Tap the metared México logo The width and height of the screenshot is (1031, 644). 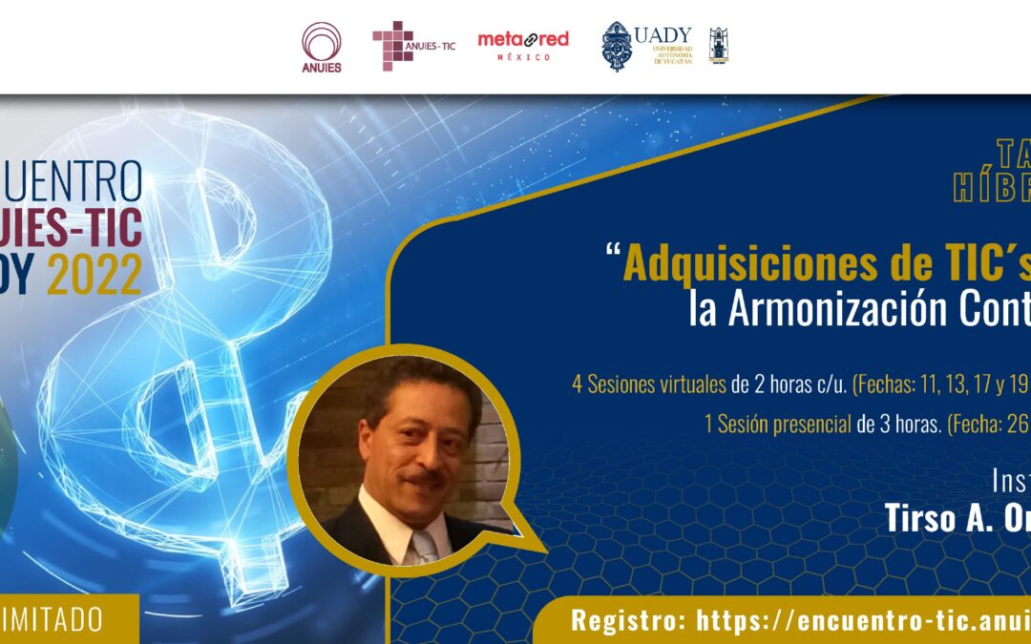click(x=522, y=44)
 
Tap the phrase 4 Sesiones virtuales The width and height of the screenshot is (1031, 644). click(x=650, y=385)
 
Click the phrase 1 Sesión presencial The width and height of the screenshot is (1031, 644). click(x=777, y=425)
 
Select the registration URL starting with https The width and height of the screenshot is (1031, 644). click(x=863, y=620)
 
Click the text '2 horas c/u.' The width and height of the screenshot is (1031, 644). click(x=790, y=385)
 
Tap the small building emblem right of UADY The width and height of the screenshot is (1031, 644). click(x=718, y=45)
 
